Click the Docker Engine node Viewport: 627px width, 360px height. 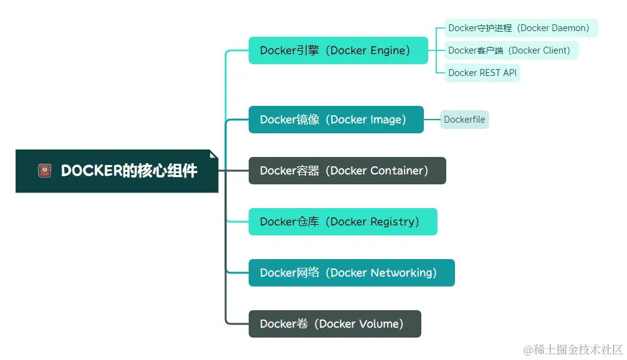point(338,50)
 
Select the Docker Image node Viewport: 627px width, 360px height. point(335,120)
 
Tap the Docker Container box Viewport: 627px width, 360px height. point(347,171)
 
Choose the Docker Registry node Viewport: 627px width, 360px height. point(342,222)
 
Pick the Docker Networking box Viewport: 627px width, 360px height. point(351,273)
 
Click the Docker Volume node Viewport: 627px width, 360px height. point(334,324)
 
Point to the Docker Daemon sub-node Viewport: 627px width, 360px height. point(520,28)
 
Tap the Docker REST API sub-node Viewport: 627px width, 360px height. point(482,73)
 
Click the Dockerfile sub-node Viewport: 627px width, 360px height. point(464,120)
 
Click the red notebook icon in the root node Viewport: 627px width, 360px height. point(45,171)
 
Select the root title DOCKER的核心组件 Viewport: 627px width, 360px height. point(129,171)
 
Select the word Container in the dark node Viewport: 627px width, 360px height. point(396,171)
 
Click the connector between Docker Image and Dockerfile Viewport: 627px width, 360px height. point(432,120)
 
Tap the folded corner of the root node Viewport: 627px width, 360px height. point(214,154)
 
